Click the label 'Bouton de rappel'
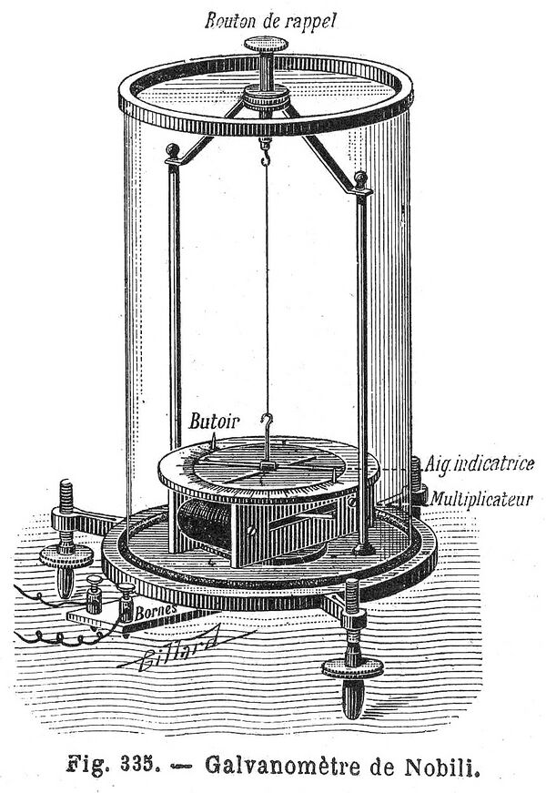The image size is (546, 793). pyautogui.click(x=270, y=21)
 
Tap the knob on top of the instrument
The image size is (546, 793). pyautogui.click(x=266, y=45)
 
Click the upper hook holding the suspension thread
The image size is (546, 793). pyautogui.click(x=266, y=153)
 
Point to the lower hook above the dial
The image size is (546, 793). pyautogui.click(x=267, y=430)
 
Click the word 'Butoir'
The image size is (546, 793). pyautogui.click(x=213, y=421)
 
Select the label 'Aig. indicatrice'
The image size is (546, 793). pyautogui.click(x=479, y=463)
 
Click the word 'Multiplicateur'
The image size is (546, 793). pyautogui.click(x=480, y=500)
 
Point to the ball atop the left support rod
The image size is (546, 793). pyautogui.click(x=173, y=150)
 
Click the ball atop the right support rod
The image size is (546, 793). pyautogui.click(x=360, y=178)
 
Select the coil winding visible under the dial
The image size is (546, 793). pyautogui.click(x=204, y=523)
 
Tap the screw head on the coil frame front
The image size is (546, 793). pyautogui.click(x=249, y=531)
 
